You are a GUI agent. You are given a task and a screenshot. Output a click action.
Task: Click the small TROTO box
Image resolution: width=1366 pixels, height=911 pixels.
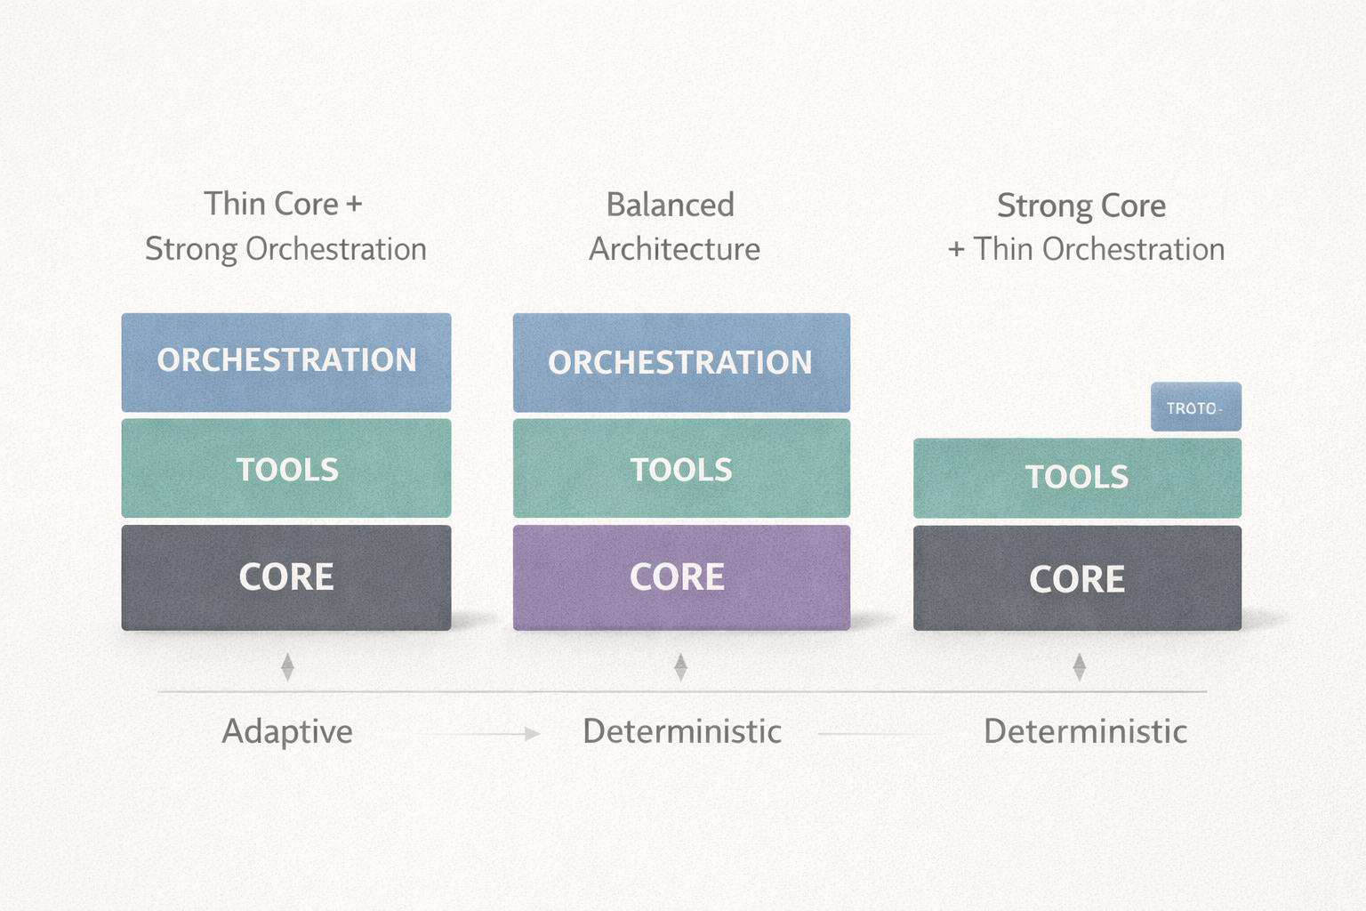[1195, 407]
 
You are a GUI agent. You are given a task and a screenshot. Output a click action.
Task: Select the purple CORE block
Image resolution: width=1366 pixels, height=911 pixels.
[681, 577]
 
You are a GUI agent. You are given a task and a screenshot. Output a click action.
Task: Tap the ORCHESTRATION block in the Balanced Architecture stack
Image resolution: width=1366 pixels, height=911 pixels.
[681, 362]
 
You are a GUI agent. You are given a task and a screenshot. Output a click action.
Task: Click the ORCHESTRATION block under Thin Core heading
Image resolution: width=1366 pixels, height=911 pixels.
[286, 361]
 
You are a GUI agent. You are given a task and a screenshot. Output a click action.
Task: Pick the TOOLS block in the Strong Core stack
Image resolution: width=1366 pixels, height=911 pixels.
[1077, 478]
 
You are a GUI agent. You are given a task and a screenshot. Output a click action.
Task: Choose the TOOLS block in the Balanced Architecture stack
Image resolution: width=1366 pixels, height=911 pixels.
[681, 469]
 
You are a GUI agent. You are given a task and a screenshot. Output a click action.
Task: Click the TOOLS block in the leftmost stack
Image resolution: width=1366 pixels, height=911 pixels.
[286, 469]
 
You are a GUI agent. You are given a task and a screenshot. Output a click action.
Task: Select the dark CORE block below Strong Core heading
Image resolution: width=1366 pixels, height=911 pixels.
[1077, 579]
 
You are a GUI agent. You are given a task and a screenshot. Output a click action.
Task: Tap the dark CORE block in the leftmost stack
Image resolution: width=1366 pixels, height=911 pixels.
[286, 577]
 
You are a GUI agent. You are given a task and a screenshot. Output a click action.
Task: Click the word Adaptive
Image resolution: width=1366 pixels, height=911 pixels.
[287, 731]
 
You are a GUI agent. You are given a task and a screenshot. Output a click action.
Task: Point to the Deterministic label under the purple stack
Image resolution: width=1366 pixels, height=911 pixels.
[682, 731]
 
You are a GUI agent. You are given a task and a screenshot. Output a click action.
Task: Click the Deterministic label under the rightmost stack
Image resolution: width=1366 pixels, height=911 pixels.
[1085, 731]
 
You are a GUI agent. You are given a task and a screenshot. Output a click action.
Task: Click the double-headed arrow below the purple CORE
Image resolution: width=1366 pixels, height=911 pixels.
[680, 667]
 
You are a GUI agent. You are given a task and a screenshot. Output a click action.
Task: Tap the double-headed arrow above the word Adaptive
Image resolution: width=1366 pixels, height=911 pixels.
[287, 667]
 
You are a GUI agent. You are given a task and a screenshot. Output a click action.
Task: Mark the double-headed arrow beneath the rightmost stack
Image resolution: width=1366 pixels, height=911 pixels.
[1079, 667]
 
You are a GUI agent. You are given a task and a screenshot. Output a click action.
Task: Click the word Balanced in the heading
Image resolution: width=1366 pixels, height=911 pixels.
[671, 206]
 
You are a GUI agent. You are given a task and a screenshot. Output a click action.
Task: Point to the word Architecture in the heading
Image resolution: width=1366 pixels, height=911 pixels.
[674, 249]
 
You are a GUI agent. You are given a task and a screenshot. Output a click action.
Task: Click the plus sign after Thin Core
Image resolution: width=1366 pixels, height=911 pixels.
[354, 205]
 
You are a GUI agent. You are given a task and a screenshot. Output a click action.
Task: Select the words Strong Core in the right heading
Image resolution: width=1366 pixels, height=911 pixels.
[1081, 206]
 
